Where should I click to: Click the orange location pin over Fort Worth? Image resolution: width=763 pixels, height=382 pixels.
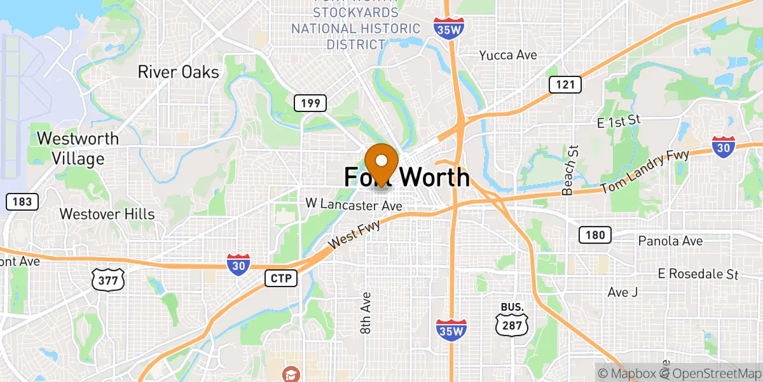(381, 162)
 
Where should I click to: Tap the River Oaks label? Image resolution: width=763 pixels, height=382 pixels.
(178, 72)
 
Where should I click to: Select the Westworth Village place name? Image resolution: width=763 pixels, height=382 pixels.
(78, 148)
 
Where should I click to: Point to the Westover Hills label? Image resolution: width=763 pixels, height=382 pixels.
(107, 214)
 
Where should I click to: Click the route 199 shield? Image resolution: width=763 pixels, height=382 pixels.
(310, 103)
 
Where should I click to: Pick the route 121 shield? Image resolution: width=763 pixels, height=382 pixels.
(565, 85)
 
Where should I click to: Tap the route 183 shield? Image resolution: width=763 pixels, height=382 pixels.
(22, 202)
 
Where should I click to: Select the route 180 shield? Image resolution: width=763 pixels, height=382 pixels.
(595, 235)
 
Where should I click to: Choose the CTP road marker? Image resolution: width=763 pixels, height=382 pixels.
(281, 278)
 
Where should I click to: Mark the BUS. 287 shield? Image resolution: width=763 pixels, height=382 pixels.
(513, 317)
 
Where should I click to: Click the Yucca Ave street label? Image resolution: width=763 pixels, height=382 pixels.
(508, 55)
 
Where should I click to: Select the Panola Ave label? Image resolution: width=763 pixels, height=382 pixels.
(671, 241)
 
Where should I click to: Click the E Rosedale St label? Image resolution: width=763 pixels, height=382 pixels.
(698, 274)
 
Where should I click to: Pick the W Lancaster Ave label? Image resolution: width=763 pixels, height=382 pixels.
(354, 205)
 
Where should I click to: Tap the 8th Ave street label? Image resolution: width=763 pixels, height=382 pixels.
(366, 313)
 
